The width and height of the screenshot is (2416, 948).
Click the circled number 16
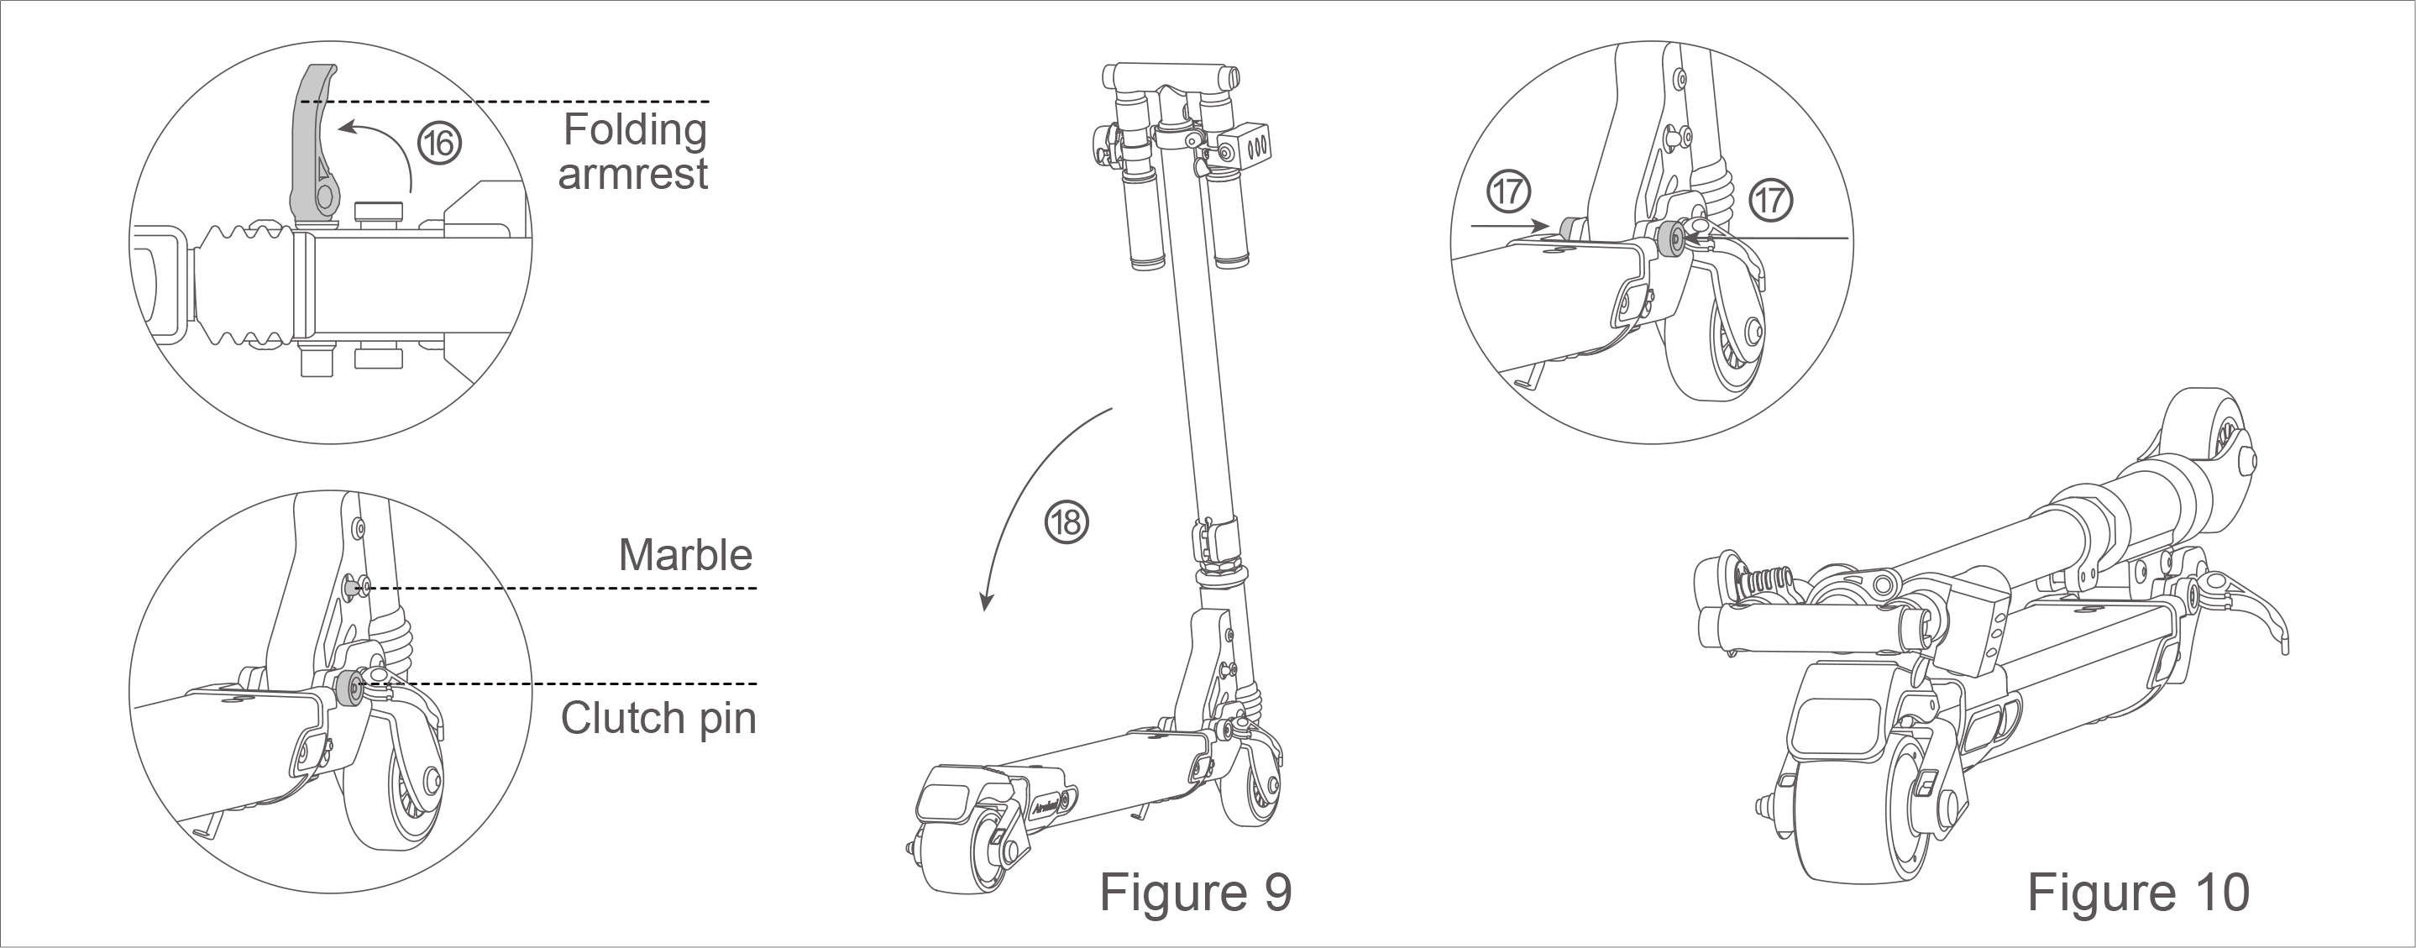point(439,144)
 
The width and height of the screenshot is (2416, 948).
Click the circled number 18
point(1066,522)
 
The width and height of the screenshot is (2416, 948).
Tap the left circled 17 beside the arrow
point(1509,192)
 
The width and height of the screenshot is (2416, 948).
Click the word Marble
point(684,555)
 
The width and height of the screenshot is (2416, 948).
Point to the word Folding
point(635,129)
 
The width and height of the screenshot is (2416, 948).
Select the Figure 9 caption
point(1195,892)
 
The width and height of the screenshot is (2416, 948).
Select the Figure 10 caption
point(2137,892)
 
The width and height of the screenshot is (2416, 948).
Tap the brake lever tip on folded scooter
point(2281,646)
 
